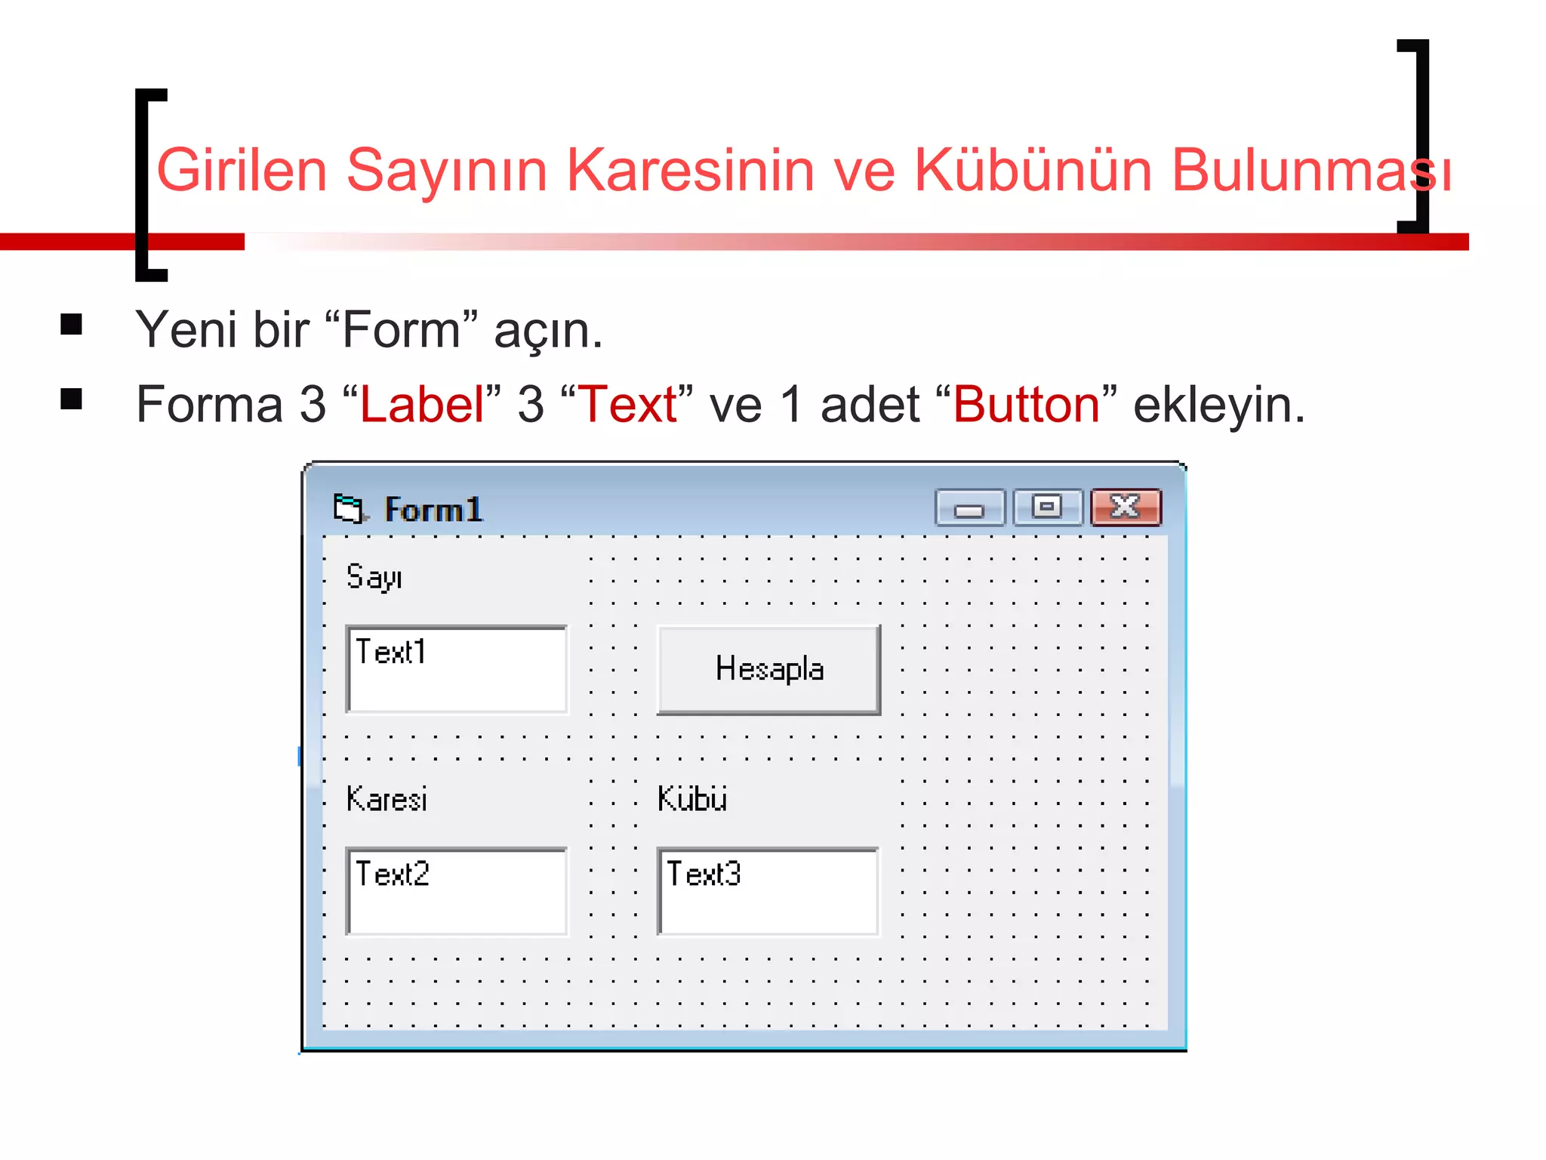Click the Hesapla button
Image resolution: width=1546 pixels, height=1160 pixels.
tap(768, 669)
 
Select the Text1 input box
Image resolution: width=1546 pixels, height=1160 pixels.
tap(457, 669)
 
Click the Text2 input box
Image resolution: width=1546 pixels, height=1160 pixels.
tap(457, 891)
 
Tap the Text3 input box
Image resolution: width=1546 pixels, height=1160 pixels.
tap(768, 891)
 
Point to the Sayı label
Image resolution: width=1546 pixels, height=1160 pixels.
tap(374, 578)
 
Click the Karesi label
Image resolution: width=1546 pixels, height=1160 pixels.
tap(386, 799)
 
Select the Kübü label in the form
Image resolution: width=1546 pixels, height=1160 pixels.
tap(692, 799)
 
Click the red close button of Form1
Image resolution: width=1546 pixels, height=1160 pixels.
tap(1126, 507)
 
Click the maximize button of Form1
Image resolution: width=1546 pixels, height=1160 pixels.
tap(1047, 507)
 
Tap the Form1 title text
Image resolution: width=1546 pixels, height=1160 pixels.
tap(433, 510)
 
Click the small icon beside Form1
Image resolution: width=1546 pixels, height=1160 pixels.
tap(350, 508)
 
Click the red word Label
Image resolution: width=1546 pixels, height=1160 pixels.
tap(422, 404)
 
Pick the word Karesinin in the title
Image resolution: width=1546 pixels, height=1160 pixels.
tap(690, 170)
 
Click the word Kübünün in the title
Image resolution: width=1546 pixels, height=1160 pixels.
tap(1033, 170)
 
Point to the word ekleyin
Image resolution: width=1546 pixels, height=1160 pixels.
tap(1218, 406)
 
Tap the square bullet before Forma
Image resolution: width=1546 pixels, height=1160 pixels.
tap(72, 399)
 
